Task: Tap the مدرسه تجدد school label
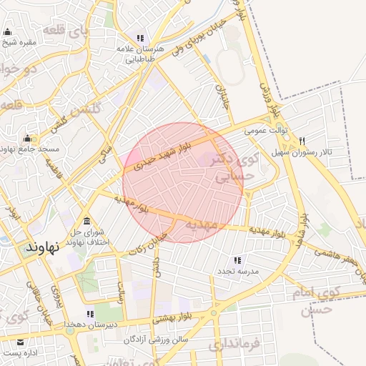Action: coord(237,272)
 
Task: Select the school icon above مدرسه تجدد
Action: coord(237,260)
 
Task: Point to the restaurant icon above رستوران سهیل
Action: coord(302,141)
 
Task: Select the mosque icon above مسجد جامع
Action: coord(28,137)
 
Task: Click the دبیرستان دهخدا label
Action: coord(90,324)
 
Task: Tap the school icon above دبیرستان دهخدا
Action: coord(90,313)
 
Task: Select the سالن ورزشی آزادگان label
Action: coord(155,340)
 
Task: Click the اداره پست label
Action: coord(19,353)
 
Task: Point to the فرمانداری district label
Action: coord(237,347)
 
